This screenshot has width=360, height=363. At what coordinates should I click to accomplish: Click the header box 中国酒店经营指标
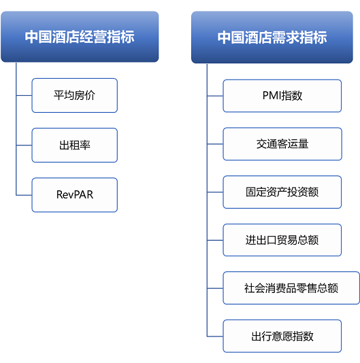click(x=80, y=37)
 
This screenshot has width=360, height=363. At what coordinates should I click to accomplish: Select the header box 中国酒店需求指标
click(x=272, y=37)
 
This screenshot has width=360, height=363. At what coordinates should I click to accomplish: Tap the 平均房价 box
click(x=75, y=95)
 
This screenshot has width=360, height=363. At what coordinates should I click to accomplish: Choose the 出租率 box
click(x=75, y=145)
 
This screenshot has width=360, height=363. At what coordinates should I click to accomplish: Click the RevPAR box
click(x=75, y=195)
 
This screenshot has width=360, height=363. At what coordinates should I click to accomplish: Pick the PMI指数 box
click(x=282, y=96)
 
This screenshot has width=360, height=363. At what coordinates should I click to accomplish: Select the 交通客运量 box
click(x=282, y=143)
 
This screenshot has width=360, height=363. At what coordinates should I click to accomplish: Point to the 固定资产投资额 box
click(x=282, y=192)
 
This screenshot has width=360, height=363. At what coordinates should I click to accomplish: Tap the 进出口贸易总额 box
click(x=282, y=240)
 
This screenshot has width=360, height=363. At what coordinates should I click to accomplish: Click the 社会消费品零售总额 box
click(x=291, y=288)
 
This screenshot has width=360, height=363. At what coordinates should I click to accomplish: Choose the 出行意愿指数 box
click(x=282, y=336)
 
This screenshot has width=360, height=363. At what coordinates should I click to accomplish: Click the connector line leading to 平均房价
click(x=24, y=95)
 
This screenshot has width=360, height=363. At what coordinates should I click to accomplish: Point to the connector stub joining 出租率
click(x=24, y=145)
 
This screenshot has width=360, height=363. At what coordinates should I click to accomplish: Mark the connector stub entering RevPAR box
click(x=24, y=195)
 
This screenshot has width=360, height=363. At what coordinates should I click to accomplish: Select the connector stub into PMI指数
click(x=215, y=96)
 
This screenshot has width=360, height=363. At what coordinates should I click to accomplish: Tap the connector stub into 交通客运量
click(x=215, y=144)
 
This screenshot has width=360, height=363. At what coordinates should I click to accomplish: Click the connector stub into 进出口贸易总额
click(x=215, y=241)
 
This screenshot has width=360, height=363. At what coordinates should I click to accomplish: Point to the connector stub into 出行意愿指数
click(x=215, y=336)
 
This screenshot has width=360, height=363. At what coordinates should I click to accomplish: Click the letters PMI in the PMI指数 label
click(x=272, y=95)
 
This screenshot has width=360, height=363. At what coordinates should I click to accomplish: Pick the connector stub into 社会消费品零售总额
click(x=215, y=288)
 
